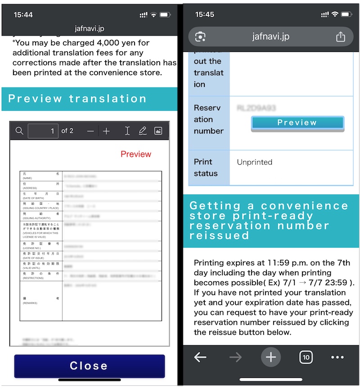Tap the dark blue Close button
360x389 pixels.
pos(89,366)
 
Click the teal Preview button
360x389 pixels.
pos(297,123)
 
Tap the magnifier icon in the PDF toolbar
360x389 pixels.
pos(19,131)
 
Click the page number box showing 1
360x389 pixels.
pos(43,131)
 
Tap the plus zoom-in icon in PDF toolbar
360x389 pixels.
pos(106,131)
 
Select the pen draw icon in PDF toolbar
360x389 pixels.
pos(143,131)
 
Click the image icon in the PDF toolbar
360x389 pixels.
pos(158,131)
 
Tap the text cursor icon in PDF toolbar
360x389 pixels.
pos(127,131)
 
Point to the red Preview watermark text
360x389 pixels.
pos(136,154)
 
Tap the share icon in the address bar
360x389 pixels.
pos(340,37)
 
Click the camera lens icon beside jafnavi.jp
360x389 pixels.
pos(201,37)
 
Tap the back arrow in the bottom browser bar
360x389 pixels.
pos(200,357)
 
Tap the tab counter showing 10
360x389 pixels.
pos(306,357)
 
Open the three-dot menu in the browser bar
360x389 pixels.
pos(337,357)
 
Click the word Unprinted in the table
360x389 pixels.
pos(255,162)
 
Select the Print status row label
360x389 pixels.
pos(206,167)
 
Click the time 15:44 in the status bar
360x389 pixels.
pos(23,15)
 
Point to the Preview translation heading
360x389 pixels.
pos(77,99)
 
